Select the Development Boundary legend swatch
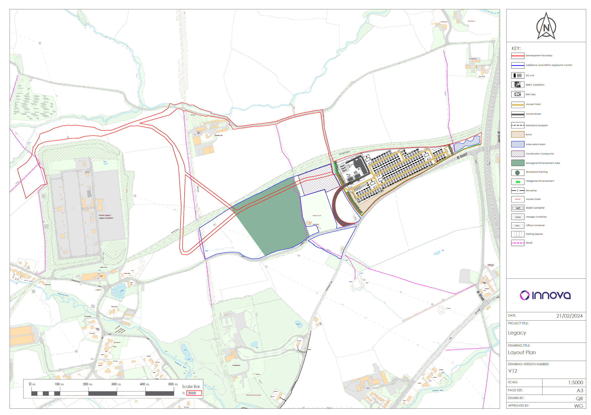[518, 56]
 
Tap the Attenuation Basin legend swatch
[518, 144]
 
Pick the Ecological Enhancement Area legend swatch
[518, 163]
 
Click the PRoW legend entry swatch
[518, 243]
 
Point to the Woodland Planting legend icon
[518, 172]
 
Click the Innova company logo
[545, 295]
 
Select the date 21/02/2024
[569, 316]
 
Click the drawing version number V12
[513, 371]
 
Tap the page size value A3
[580, 391]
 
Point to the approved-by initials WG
[578, 406]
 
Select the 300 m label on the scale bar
[116, 384]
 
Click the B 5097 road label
[462, 156]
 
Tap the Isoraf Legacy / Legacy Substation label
[106, 217]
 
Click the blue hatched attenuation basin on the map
[466, 143]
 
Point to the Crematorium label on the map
[236, 365]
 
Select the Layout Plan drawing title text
[522, 352]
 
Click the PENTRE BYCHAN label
[253, 395]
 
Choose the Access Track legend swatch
[518, 105]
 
